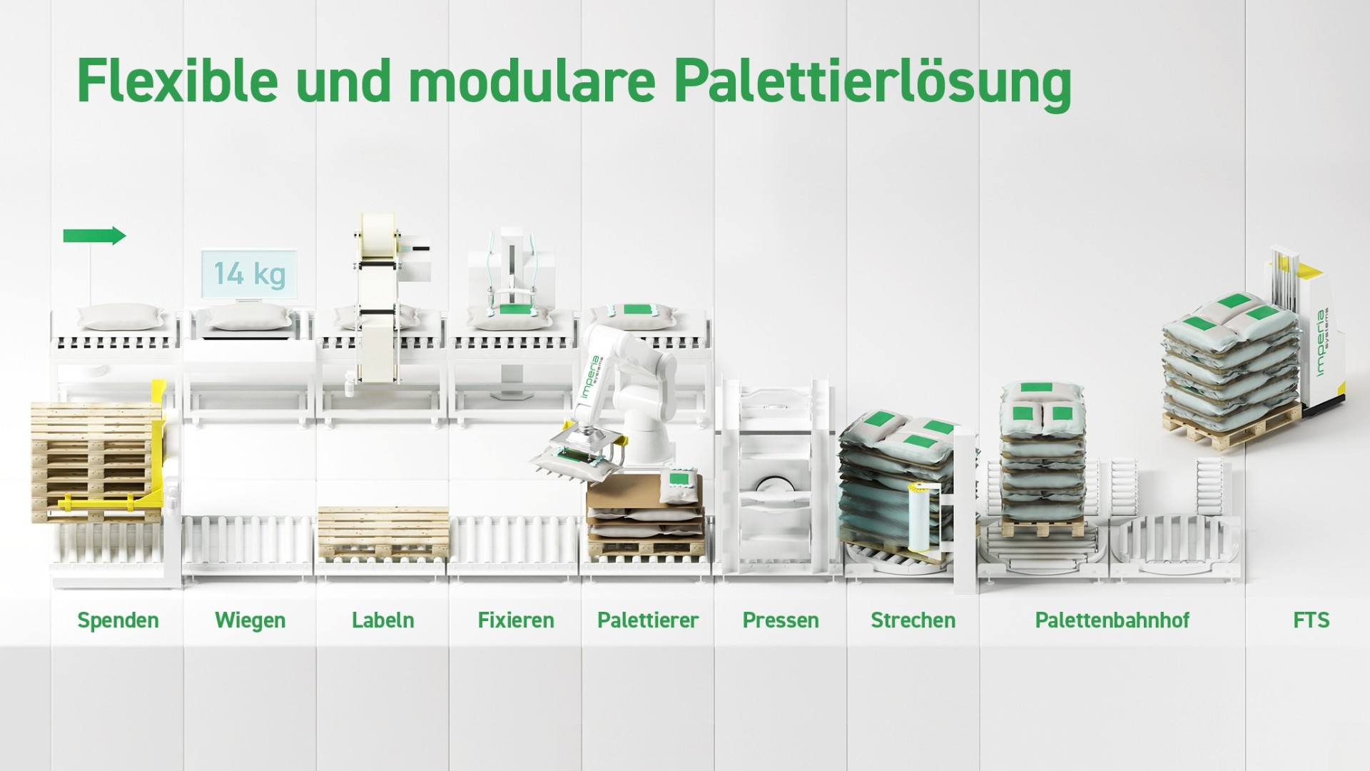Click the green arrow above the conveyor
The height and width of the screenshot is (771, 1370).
(94, 236)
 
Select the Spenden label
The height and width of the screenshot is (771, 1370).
(118, 620)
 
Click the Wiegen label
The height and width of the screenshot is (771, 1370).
(250, 620)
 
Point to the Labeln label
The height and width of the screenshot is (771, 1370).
(383, 620)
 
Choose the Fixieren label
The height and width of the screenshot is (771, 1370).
(516, 620)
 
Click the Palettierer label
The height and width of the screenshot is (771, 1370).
(648, 620)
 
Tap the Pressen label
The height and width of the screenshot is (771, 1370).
(781, 620)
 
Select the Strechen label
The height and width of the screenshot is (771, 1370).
(913, 620)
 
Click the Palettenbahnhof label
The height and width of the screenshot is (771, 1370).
(1112, 620)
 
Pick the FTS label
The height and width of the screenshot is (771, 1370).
(1311, 620)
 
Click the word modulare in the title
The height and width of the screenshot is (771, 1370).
(532, 80)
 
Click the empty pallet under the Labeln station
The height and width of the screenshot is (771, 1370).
(383, 533)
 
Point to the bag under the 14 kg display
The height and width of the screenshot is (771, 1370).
(250, 317)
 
